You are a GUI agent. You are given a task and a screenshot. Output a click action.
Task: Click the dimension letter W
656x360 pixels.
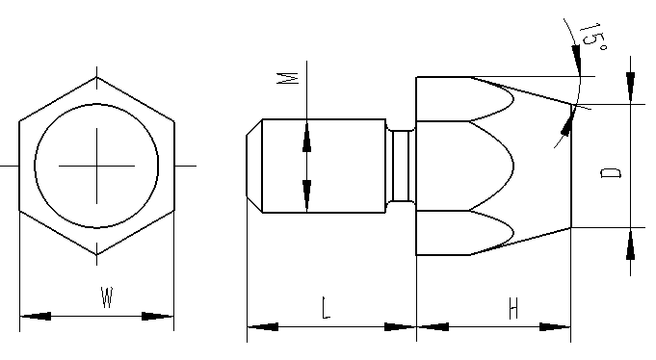tap(107, 296)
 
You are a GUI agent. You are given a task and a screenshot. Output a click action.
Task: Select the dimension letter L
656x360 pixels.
tap(326, 308)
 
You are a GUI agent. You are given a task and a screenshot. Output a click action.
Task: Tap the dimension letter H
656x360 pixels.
tap(513, 308)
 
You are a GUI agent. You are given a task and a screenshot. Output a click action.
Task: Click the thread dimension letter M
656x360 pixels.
tap(288, 78)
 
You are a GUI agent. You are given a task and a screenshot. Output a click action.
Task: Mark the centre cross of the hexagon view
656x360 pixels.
tap(96, 166)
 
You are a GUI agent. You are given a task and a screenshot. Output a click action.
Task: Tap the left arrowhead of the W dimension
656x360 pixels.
tap(36, 316)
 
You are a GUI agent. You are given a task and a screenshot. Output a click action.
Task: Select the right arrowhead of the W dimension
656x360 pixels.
tap(158, 316)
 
